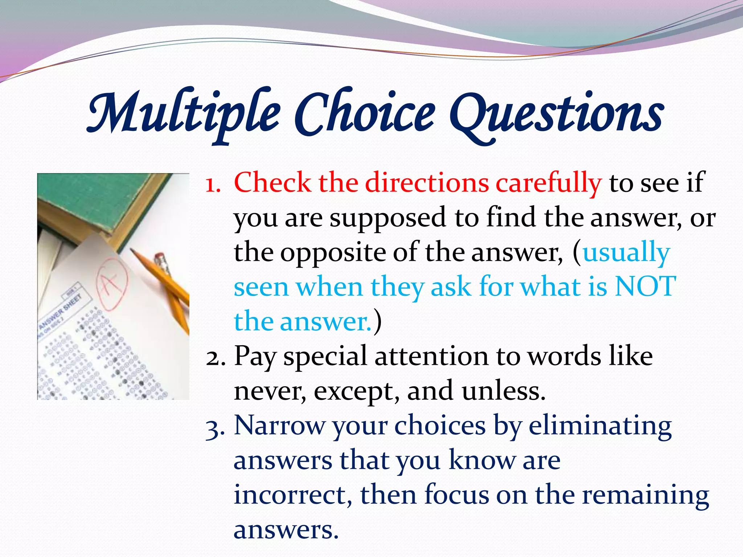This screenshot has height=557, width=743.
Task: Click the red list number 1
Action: tap(213, 183)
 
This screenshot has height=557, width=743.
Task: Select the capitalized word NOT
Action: tap(645, 286)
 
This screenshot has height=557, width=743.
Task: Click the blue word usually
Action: tap(626, 252)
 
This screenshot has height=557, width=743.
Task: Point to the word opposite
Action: tap(333, 252)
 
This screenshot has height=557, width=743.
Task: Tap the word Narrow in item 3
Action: tap(279, 426)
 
